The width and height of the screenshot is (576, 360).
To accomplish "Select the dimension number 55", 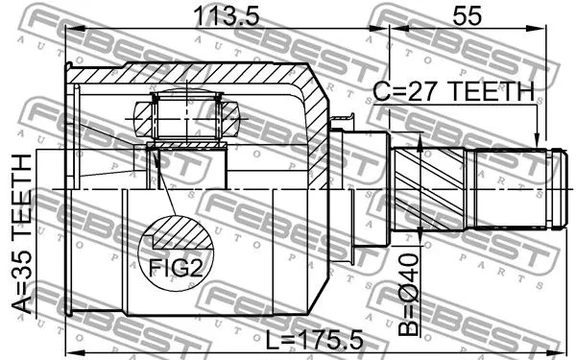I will point(466,15).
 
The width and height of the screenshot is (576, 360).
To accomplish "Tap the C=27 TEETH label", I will point(452,92).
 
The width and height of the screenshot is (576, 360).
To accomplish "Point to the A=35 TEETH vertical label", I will point(20,235).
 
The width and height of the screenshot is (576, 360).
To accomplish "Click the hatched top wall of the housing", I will point(192,75).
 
